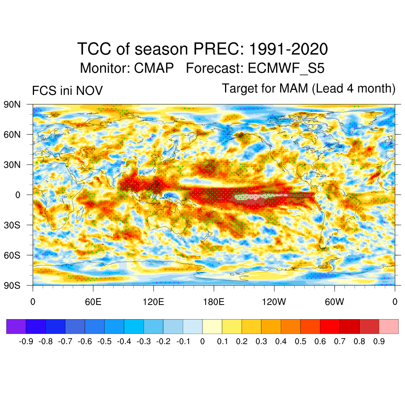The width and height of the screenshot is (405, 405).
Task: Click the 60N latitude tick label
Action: point(11,134)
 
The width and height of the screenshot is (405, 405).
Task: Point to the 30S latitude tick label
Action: point(11,225)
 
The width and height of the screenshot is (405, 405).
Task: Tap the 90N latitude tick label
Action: point(11,104)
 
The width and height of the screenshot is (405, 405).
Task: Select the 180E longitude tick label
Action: point(214,303)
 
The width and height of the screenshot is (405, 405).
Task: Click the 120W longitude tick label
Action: point(274,303)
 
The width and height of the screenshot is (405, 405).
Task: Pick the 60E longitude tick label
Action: point(93,303)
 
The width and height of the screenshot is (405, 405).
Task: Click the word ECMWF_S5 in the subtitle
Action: point(286,68)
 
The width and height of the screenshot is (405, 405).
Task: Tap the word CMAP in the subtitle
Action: point(154,68)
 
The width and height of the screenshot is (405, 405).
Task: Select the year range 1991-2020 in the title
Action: point(288,49)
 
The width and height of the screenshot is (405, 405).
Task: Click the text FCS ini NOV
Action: point(67,91)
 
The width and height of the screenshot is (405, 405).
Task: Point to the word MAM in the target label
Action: point(293,88)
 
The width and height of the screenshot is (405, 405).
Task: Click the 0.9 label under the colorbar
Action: point(379,341)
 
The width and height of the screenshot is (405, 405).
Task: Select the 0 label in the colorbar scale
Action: point(202,341)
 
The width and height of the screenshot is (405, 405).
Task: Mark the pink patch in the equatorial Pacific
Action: point(253,197)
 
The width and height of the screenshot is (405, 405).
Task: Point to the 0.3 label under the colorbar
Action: point(261,341)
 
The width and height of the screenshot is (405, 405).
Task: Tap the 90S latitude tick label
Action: point(11,285)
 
